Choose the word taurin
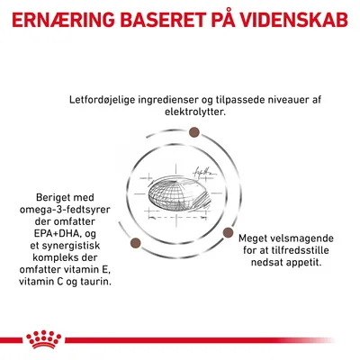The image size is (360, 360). click(94, 283)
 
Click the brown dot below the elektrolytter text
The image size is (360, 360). click(193, 134)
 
